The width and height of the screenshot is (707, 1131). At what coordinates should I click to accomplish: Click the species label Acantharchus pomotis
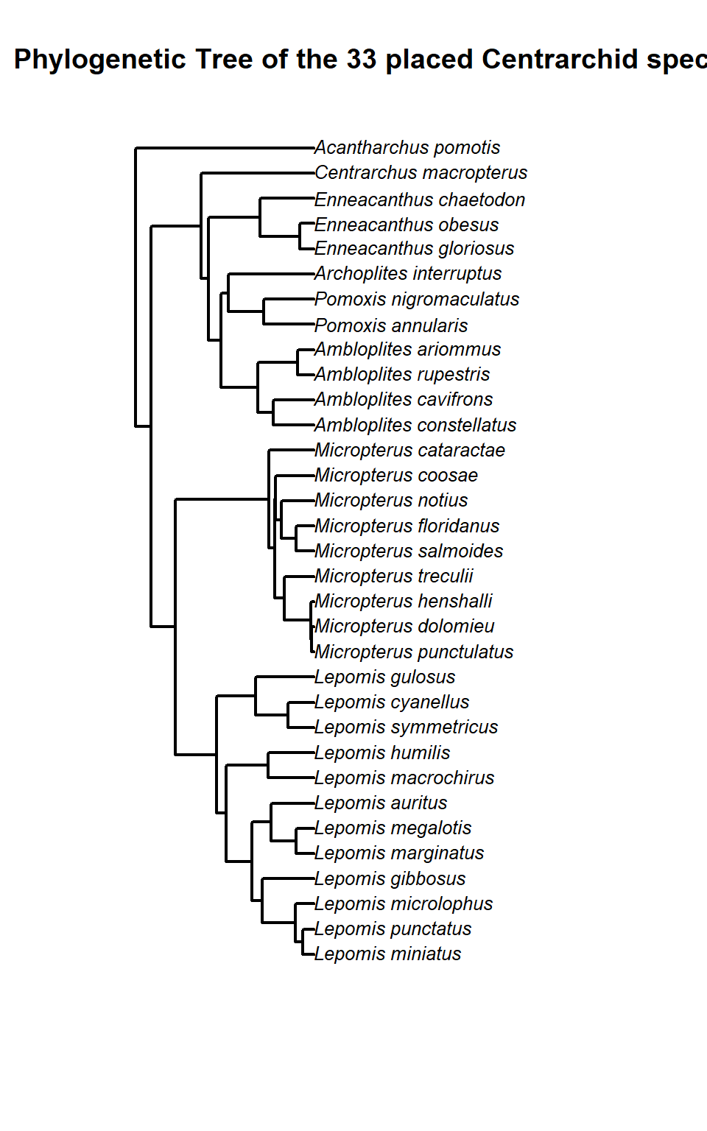click(x=407, y=148)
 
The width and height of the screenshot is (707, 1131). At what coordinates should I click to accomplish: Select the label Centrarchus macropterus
click(x=421, y=173)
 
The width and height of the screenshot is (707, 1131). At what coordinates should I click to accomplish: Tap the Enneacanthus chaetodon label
click(x=420, y=200)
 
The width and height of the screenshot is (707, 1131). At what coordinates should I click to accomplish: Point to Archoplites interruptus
click(x=408, y=274)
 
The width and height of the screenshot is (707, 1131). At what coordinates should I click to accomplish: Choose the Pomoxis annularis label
click(x=391, y=325)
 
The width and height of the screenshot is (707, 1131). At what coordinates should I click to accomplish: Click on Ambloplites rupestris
click(x=402, y=375)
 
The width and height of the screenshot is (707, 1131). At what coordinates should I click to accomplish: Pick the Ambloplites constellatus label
click(x=415, y=426)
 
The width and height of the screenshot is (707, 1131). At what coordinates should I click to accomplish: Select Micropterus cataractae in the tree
click(x=409, y=451)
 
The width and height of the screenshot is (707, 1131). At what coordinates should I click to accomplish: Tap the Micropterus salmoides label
click(x=409, y=552)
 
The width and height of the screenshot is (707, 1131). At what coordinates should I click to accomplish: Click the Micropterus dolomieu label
click(x=404, y=627)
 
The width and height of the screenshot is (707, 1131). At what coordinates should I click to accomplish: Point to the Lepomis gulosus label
click(x=384, y=677)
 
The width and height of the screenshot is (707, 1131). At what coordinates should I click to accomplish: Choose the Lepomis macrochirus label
click(x=404, y=778)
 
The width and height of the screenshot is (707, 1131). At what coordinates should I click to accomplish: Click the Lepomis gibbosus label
click(x=390, y=879)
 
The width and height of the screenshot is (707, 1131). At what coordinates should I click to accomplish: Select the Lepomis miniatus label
click(x=387, y=954)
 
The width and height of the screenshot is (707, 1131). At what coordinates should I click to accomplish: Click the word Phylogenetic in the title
click(x=100, y=60)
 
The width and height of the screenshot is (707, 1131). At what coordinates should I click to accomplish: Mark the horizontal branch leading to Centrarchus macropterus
click(x=258, y=174)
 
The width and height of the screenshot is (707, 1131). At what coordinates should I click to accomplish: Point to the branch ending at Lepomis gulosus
click(x=285, y=677)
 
